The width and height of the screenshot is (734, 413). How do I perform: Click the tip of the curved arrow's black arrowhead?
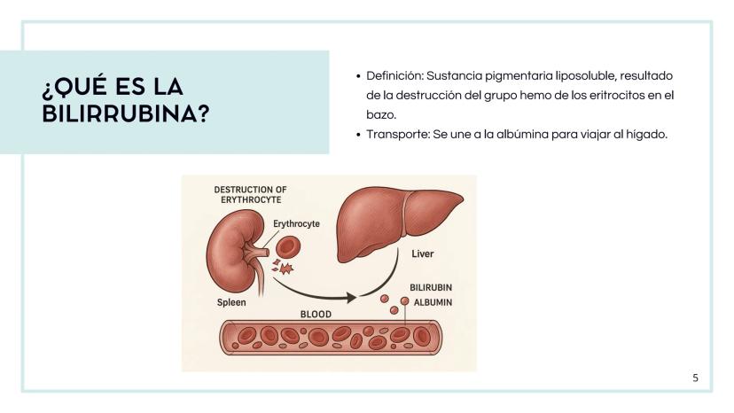click(x=356, y=297)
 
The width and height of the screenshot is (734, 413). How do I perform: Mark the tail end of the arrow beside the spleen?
click(x=274, y=279)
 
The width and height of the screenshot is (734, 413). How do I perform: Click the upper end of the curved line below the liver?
click(x=398, y=249)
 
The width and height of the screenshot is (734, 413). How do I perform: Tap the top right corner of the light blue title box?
click(x=329, y=51)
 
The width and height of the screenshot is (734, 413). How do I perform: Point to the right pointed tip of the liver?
click(x=464, y=199)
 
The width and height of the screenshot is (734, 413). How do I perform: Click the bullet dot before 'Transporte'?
click(x=358, y=136)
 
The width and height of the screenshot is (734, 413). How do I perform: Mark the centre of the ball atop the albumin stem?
click(x=405, y=301)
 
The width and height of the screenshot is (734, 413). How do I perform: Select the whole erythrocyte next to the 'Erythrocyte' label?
click(x=288, y=247)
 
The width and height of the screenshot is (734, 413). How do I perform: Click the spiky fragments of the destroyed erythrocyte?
click(x=283, y=267)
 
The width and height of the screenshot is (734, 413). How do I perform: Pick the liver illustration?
click(x=400, y=224)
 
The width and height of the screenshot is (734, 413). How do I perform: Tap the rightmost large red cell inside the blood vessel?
click(x=422, y=336)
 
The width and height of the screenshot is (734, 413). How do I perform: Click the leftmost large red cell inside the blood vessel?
click(x=247, y=336)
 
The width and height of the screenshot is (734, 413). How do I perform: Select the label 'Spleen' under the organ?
click(x=231, y=302)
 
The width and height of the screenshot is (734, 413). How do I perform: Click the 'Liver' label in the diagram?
click(x=423, y=253)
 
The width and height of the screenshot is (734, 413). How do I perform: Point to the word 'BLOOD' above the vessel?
click(x=316, y=315)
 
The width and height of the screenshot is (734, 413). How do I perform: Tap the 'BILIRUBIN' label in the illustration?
click(x=431, y=287)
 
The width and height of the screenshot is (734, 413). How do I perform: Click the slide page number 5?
click(x=696, y=378)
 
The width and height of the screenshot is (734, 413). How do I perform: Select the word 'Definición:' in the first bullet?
click(x=394, y=76)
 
